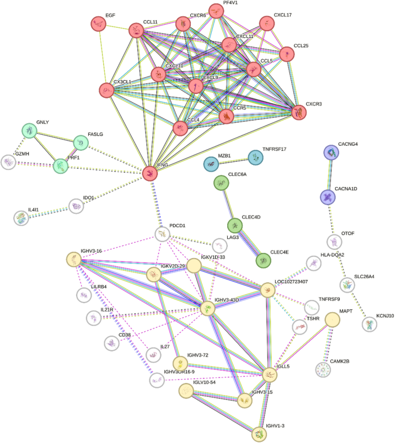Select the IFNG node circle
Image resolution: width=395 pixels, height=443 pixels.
[x=149, y=172]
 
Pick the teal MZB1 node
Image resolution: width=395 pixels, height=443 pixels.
[x=212, y=164]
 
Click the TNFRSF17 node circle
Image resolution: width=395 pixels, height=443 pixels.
[x=255, y=157]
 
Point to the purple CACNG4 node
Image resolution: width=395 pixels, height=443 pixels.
[x=331, y=152]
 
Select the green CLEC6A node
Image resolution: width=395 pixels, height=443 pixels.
[x=221, y=183]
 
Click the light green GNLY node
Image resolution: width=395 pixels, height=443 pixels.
[x=29, y=131]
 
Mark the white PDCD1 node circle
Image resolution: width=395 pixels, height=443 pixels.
[x=162, y=234]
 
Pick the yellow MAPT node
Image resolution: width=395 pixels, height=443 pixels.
[x=332, y=320]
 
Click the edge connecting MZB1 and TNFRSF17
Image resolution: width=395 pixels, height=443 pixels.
[x=234, y=161]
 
